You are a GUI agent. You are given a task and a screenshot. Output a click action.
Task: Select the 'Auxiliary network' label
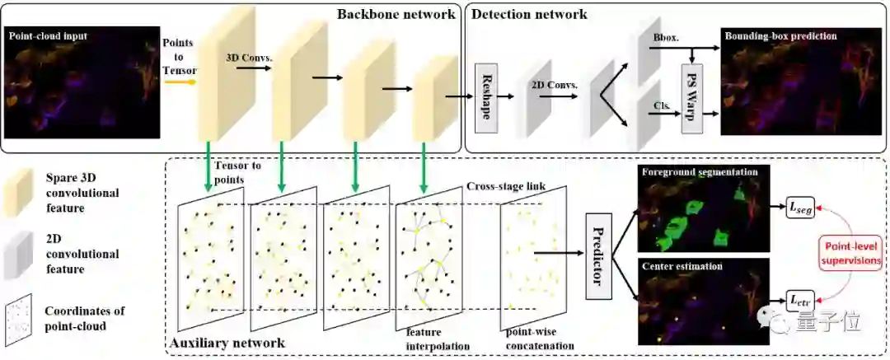[227, 342]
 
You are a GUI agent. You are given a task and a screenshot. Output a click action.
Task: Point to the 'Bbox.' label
[663, 38]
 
